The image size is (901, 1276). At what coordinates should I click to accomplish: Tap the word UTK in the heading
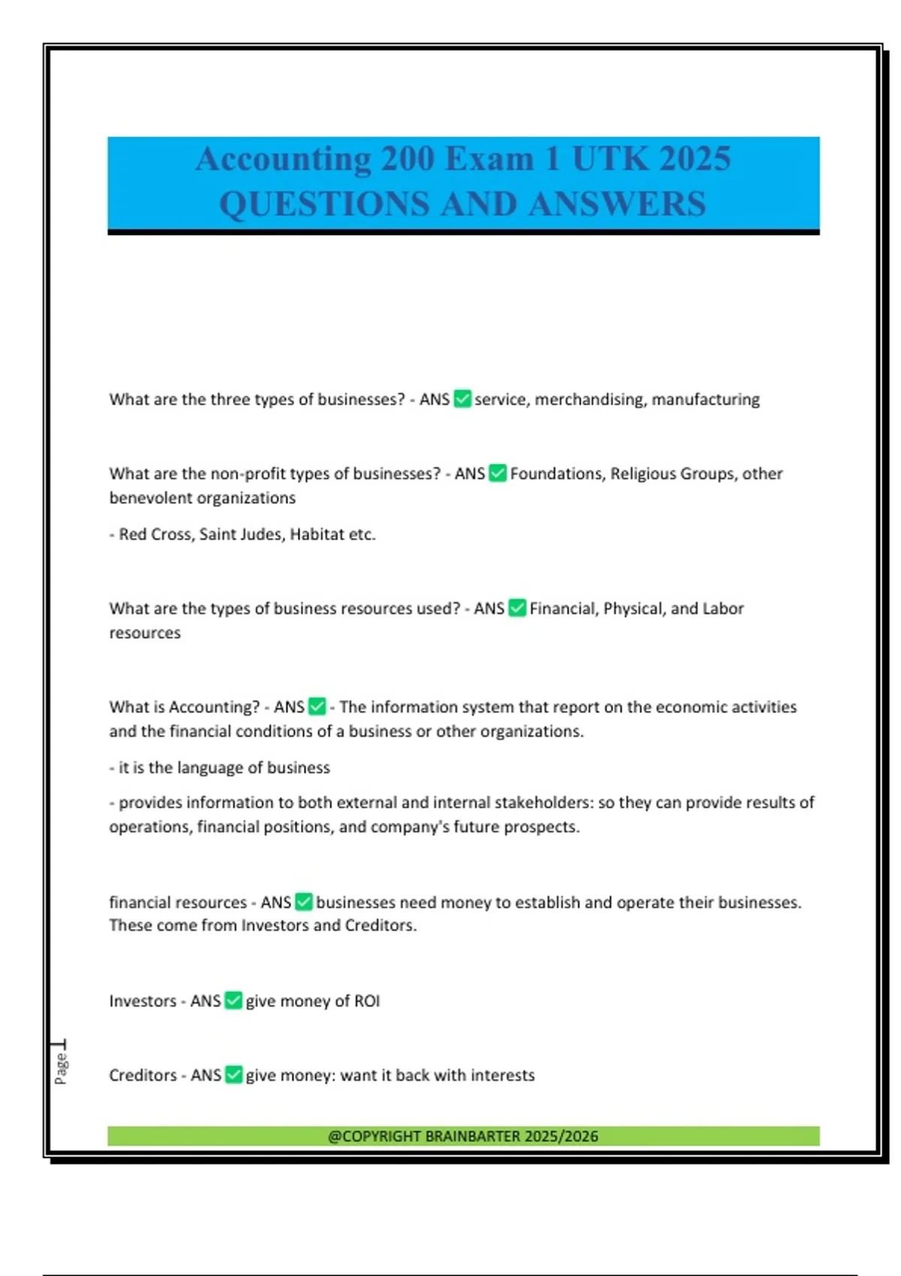[x=610, y=158]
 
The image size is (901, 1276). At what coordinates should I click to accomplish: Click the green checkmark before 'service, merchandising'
[x=463, y=399]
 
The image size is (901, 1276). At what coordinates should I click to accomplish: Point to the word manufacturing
[x=705, y=399]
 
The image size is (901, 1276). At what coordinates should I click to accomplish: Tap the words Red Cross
[x=155, y=534]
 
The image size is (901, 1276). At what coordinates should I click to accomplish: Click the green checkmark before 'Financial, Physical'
[x=517, y=608]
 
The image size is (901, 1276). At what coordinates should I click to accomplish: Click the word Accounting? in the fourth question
[x=214, y=707]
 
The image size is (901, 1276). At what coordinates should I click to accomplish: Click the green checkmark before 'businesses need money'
[x=304, y=901]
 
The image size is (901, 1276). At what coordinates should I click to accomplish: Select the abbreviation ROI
[x=367, y=1001]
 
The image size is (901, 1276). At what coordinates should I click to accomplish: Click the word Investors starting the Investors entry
[x=143, y=1001]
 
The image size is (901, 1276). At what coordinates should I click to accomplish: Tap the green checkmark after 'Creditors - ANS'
[x=234, y=1075]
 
